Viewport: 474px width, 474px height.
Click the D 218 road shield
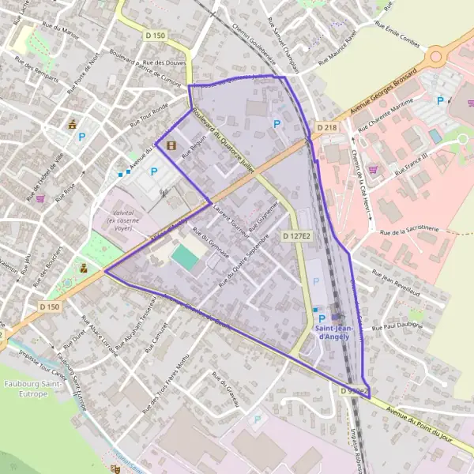326,127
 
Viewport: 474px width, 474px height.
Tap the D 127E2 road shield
295,235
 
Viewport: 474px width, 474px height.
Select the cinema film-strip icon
171,144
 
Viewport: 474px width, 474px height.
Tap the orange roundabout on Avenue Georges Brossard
437,57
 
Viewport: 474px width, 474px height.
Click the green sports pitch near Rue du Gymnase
186,256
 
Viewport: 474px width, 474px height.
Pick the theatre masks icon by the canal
115,468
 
